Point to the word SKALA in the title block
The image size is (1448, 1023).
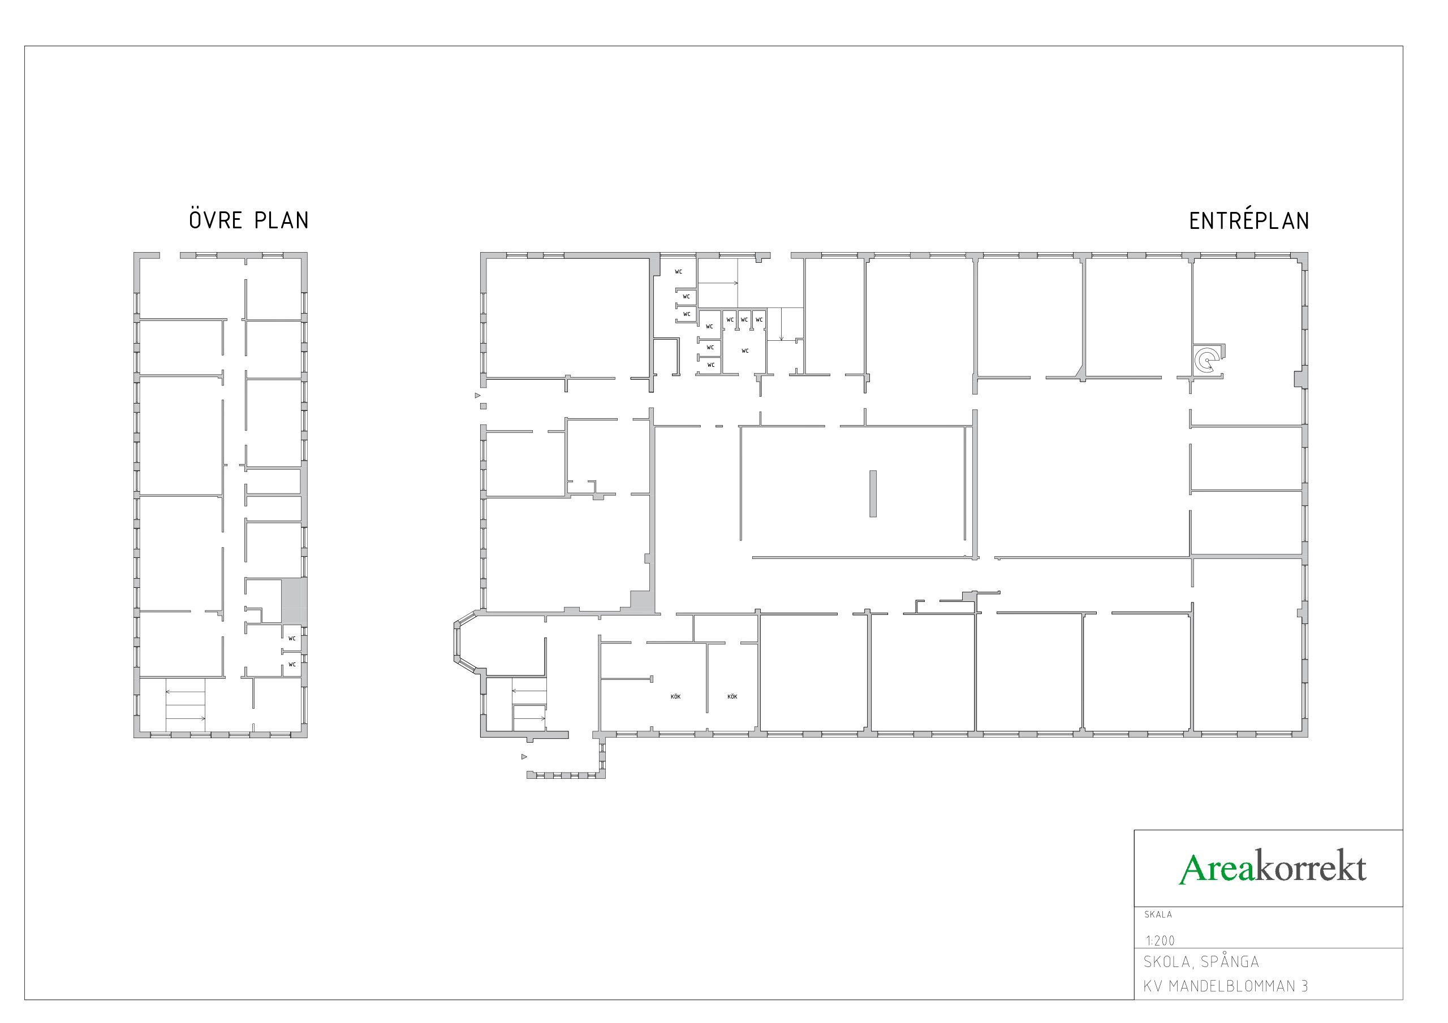pyautogui.click(x=1158, y=914)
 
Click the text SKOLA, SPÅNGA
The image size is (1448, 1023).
pyautogui.click(x=1201, y=961)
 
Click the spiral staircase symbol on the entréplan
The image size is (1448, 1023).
pyautogui.click(x=1205, y=360)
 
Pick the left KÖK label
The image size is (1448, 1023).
pyautogui.click(x=675, y=696)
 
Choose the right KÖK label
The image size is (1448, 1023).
pyautogui.click(x=732, y=696)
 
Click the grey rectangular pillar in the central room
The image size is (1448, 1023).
pyautogui.click(x=873, y=493)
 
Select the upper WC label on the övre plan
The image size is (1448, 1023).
pyautogui.click(x=292, y=639)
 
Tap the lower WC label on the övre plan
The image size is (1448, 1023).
pyautogui.click(x=292, y=664)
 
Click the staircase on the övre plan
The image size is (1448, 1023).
pyautogui.click(x=186, y=705)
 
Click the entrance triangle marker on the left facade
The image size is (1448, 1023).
pyautogui.click(x=477, y=395)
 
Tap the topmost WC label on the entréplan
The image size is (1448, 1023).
pyautogui.click(x=679, y=272)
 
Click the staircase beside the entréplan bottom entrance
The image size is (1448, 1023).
pyautogui.click(x=529, y=705)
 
